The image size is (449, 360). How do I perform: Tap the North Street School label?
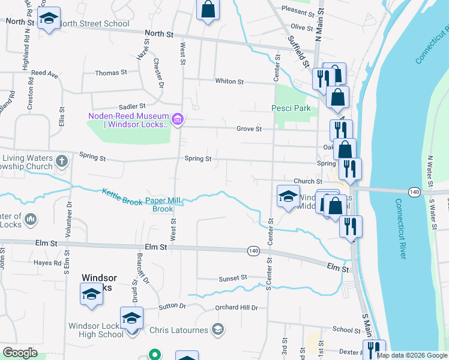[94, 24]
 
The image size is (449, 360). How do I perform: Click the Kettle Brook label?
[122, 197]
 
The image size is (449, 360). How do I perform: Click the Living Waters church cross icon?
[62, 161]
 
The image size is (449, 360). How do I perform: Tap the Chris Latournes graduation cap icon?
[218, 329]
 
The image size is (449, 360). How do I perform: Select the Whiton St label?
[229, 82]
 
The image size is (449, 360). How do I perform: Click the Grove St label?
[249, 129]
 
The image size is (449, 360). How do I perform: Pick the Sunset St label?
[233, 278]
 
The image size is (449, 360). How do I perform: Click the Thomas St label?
[111, 73]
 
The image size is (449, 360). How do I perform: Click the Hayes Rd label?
[48, 263]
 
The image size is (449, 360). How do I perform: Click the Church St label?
[308, 181]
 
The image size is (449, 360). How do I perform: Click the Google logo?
[20, 353]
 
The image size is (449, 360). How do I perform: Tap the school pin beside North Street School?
[49, 17]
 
